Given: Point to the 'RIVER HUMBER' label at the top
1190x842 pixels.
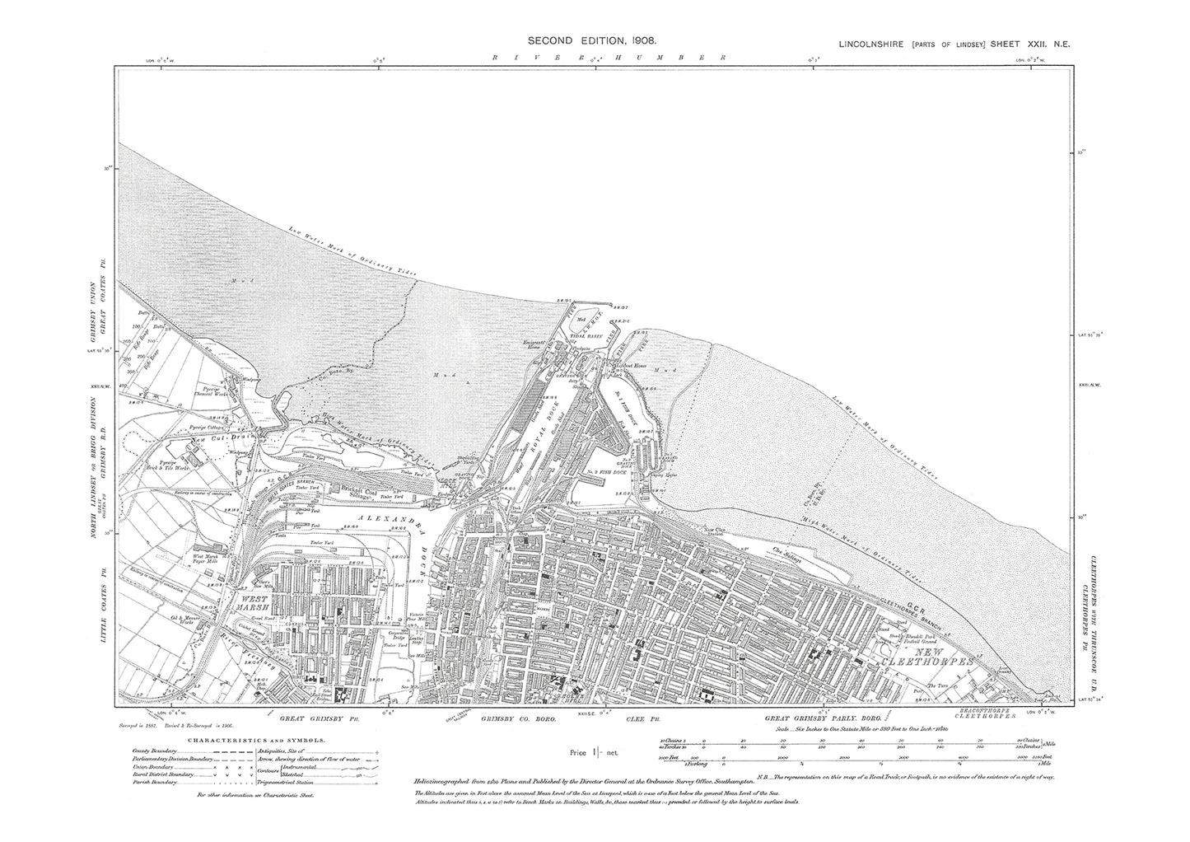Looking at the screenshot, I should tap(607, 58).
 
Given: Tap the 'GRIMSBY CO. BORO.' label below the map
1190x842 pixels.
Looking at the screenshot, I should tap(519, 719).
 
